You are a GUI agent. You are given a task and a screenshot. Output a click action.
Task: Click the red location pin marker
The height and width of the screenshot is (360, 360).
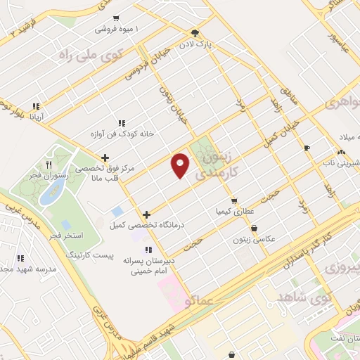181,164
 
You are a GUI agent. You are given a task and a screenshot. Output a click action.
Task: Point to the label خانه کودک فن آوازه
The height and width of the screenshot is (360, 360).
122,133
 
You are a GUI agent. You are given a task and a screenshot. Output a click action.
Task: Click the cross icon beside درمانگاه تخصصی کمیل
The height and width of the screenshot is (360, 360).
146,214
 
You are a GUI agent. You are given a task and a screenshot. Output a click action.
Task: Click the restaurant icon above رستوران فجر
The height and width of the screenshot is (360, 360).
49,164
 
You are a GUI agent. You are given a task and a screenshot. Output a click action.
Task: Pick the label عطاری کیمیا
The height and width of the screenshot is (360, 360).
235,210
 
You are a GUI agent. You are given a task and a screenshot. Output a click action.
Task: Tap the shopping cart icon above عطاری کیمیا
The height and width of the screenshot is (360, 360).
233,200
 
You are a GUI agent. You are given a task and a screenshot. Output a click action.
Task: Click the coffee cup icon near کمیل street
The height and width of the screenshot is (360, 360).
306,148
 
